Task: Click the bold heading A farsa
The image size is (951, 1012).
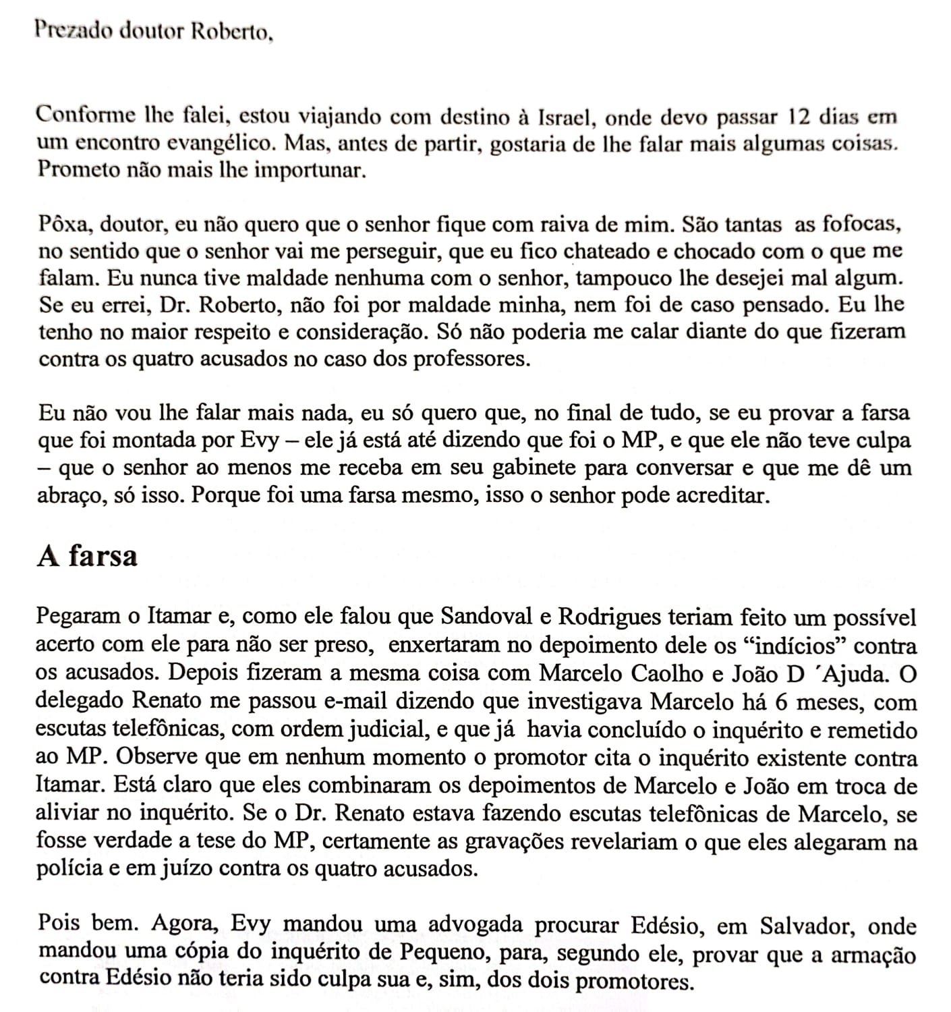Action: click(87, 556)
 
